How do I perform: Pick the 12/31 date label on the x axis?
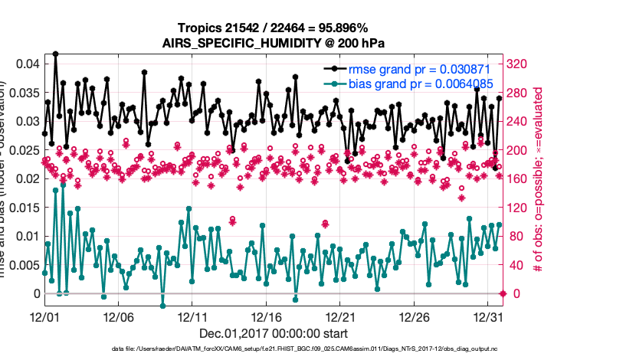[488, 316]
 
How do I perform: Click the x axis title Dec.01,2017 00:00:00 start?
[272, 334]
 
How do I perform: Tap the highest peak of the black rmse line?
[55, 54]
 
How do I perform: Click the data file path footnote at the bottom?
[272, 349]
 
